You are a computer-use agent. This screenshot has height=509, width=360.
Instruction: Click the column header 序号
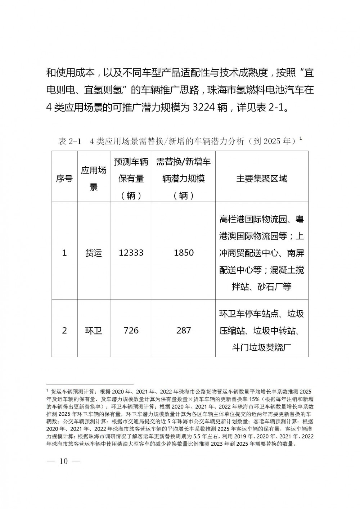point(64,179)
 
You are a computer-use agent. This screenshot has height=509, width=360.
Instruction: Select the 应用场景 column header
point(94,179)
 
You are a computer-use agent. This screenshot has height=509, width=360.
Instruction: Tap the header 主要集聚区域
point(262,179)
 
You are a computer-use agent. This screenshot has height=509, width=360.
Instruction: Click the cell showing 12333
point(131,253)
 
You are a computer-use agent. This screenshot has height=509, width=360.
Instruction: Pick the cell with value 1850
point(184,253)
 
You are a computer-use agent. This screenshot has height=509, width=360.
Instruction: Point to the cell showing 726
point(131,330)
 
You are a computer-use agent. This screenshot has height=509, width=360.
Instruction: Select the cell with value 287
point(184,330)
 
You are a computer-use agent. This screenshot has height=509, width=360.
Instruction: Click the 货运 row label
point(94,253)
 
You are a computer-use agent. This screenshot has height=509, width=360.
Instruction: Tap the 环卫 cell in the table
point(94,330)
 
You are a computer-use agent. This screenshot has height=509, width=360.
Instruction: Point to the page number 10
point(64,461)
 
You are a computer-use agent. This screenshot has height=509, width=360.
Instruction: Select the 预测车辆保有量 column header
point(131,179)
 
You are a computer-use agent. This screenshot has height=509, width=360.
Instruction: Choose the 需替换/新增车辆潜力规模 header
point(184,179)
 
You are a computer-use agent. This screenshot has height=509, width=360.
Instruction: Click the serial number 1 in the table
point(64,253)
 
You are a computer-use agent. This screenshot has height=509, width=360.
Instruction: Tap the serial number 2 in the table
point(64,330)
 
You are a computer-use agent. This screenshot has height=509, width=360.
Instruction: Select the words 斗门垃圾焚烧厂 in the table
point(262,347)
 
